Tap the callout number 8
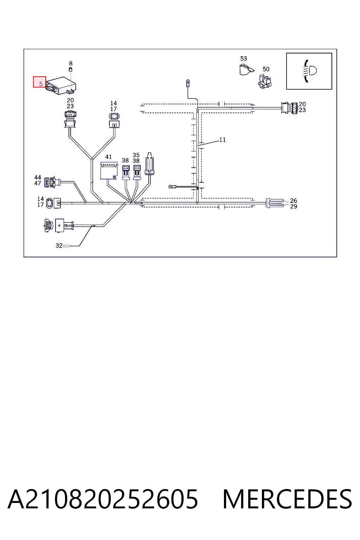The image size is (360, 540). [71, 63]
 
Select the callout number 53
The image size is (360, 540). [244, 59]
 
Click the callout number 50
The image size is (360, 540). [266, 69]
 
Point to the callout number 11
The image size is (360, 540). [222, 140]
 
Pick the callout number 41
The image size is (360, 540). [109, 157]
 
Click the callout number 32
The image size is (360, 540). [59, 246]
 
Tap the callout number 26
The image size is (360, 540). [294, 201]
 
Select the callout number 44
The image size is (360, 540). [38, 178]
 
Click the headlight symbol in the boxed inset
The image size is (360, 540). [310, 71]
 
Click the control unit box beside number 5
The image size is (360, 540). [61, 85]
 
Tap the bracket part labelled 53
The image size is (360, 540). [246, 69]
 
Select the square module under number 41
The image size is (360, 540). [109, 171]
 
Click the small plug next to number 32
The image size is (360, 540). [67, 246]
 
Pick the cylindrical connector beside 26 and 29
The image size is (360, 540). [275, 203]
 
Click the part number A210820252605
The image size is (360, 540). [103, 499]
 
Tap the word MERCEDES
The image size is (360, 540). [287, 499]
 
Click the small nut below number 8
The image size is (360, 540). [71, 70]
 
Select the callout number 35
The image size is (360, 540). [136, 155]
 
